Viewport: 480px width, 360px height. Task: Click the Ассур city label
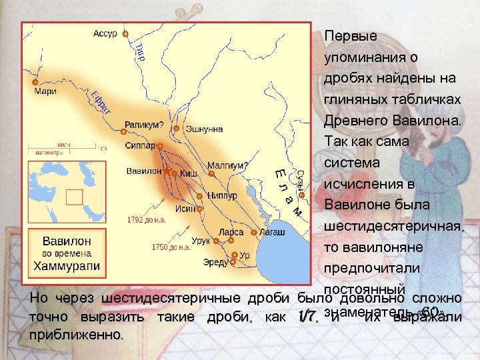pos(105,33)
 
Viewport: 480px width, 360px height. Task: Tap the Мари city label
pos(45,92)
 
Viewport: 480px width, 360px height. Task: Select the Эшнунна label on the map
pos(204,129)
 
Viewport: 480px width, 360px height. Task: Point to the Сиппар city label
pos(140,145)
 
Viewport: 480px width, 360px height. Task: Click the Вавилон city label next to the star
pos(144,171)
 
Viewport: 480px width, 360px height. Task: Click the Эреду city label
pos(215,263)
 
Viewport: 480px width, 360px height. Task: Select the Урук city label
pos(200,241)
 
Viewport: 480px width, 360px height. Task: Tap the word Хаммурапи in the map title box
pos(67,266)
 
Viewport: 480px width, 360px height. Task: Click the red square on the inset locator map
pos(73,197)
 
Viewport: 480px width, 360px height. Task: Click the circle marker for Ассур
pos(125,34)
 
